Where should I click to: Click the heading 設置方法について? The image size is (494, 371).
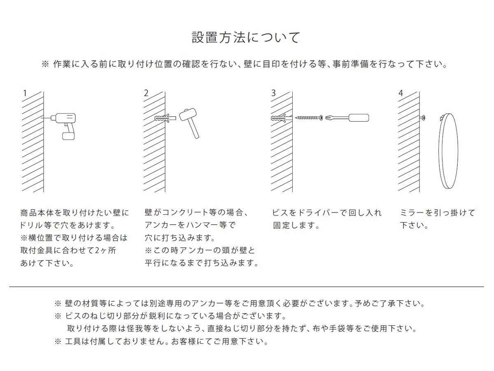[246, 38]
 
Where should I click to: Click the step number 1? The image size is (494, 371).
[25, 93]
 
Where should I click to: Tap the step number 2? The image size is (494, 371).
[146, 93]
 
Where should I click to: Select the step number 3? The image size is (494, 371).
[273, 93]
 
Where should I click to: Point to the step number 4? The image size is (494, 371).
[401, 93]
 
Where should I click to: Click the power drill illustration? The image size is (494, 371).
[65, 124]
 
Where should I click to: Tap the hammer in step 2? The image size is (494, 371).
[190, 121]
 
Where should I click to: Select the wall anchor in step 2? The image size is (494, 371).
[165, 118]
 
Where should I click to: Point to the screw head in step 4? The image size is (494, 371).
[423, 118]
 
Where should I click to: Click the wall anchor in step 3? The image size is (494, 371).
[282, 118]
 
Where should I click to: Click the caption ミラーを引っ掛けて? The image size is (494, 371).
[438, 213]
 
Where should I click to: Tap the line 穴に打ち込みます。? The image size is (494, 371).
[180, 238]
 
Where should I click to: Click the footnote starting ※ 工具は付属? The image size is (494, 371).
[161, 342]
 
